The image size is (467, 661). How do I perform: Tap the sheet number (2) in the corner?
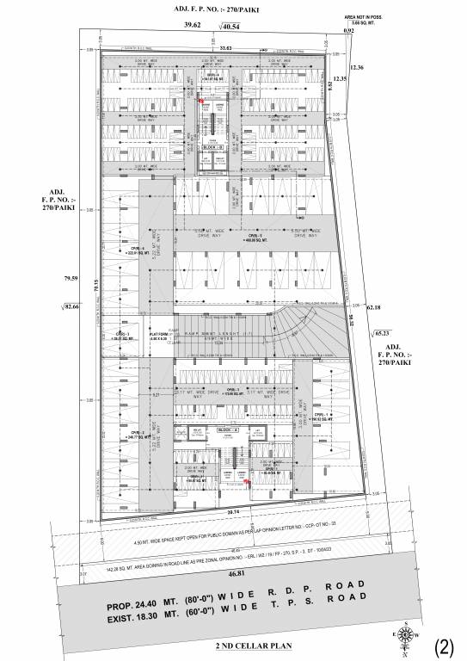[x=445, y=646]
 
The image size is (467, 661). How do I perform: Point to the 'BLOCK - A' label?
[x=228, y=429]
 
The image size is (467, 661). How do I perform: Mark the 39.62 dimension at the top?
[x=192, y=26]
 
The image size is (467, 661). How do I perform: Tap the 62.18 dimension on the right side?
[x=372, y=306]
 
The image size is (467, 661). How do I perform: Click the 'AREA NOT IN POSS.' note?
[x=360, y=17]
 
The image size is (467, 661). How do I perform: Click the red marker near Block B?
[x=201, y=101]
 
